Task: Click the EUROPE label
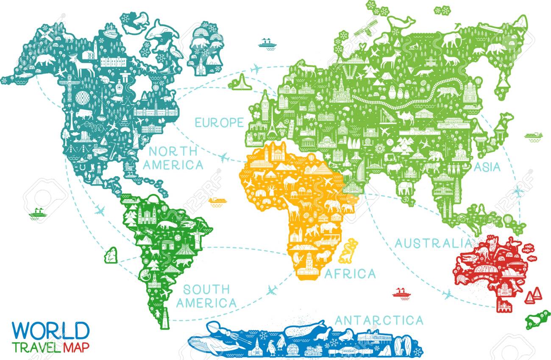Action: point(219,122)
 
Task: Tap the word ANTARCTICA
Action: point(378,320)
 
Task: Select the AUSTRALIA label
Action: point(433,243)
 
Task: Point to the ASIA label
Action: point(487,167)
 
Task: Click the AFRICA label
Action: point(350,274)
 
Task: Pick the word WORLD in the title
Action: point(51,330)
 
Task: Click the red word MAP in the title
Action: point(77,348)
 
